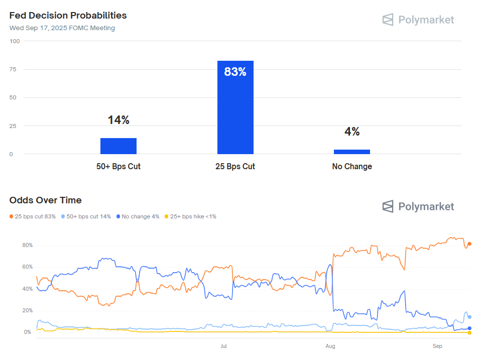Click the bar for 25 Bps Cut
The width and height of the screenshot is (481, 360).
235,107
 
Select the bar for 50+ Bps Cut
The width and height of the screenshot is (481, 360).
118,146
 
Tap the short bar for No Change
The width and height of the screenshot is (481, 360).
351,152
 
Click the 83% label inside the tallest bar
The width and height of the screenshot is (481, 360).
235,72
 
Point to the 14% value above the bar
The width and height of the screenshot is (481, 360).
118,120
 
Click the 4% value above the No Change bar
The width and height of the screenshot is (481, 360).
351,132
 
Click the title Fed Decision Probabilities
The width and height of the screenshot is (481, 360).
68,16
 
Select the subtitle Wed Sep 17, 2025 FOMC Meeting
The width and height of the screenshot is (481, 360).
62,28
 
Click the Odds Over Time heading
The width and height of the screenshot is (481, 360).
45,200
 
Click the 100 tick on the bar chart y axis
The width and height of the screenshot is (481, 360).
14,41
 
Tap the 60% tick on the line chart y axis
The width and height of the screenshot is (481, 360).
27,267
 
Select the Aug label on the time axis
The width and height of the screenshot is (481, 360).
330,346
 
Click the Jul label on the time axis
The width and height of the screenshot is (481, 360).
224,346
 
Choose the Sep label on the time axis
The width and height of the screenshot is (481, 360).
437,346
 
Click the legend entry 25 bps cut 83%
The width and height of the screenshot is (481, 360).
33,216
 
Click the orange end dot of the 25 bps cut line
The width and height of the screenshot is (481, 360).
469,244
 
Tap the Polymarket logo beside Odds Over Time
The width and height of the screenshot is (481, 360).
418,206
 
